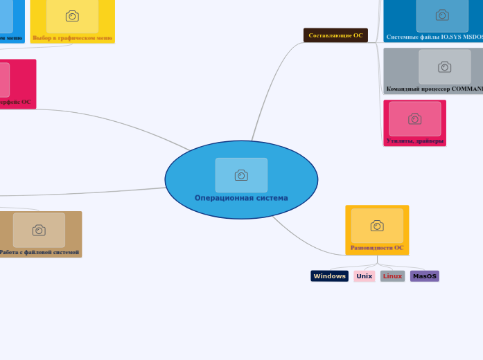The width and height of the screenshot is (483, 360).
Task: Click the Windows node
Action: (x=329, y=276)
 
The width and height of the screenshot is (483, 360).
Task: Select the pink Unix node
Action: (x=365, y=276)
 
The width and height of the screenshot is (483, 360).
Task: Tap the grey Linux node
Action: (x=392, y=276)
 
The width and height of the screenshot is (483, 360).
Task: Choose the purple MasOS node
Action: (x=424, y=276)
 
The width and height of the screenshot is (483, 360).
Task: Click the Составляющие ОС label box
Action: (x=335, y=35)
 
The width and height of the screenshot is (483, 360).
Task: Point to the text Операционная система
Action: (x=241, y=198)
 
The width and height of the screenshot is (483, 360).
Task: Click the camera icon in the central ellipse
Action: (x=241, y=175)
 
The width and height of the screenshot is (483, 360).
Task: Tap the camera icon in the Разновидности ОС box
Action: (x=377, y=226)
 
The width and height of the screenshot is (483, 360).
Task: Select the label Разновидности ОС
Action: (x=377, y=247)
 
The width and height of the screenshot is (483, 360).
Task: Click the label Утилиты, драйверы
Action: (x=414, y=141)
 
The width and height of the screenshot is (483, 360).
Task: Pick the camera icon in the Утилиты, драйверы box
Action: (x=414, y=119)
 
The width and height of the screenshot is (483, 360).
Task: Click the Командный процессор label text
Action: (x=434, y=89)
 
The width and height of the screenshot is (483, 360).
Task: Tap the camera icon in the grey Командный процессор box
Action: (x=444, y=67)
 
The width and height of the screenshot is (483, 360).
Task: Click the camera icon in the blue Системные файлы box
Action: (x=442, y=15)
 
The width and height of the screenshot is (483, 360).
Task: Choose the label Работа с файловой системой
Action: (x=39, y=252)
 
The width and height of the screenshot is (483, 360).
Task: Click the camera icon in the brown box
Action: (x=39, y=231)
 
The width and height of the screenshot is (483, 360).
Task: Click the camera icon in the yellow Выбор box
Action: (x=72, y=16)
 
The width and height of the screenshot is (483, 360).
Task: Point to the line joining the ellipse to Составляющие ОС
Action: (x=266, y=83)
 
